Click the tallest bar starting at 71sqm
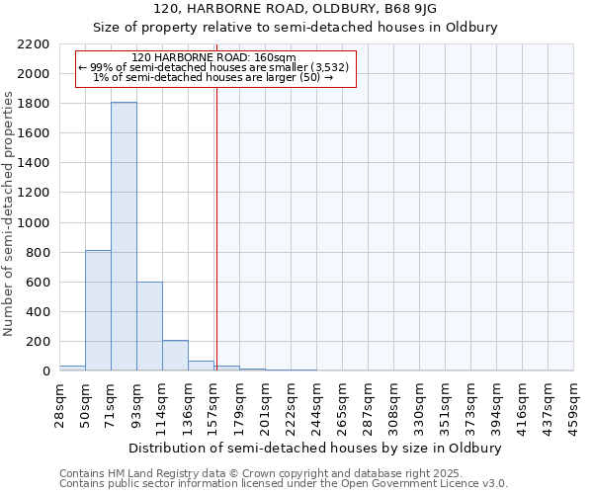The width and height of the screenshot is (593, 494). point(124,237)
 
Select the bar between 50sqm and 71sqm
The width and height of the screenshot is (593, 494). point(98,310)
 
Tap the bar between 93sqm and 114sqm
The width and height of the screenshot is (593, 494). point(149,326)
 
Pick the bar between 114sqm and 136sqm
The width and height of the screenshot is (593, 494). point(175,356)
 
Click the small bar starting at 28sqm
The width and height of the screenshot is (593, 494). point(72,368)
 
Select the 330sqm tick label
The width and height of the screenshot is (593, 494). point(421,402)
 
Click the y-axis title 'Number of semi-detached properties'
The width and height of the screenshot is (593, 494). point(9,213)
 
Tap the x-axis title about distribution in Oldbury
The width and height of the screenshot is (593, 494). point(315,448)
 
